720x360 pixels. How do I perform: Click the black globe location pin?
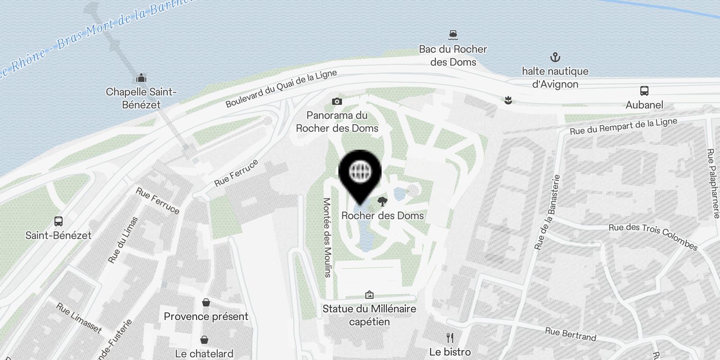(x=360, y=172)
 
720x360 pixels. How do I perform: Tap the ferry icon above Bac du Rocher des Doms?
(x=453, y=35)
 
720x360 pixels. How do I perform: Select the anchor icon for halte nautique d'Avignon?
(x=555, y=57)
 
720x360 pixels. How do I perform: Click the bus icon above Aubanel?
(x=644, y=91)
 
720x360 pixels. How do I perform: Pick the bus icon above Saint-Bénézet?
(x=58, y=221)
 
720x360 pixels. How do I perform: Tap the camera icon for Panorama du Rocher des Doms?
(x=337, y=102)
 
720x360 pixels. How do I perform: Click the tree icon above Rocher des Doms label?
(x=382, y=201)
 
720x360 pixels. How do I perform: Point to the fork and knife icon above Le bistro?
(x=450, y=338)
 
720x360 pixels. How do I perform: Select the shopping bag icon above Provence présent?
(x=206, y=302)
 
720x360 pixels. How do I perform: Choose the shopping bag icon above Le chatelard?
(x=204, y=340)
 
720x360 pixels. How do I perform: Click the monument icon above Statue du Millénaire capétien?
(x=369, y=295)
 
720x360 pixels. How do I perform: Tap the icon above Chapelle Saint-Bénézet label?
(x=141, y=78)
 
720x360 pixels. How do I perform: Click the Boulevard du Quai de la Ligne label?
(x=281, y=89)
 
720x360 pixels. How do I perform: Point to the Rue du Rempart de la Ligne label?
(x=623, y=126)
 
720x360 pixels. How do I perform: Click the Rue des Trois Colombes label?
(x=653, y=236)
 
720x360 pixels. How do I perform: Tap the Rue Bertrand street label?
(x=570, y=334)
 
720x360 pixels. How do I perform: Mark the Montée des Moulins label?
(x=327, y=237)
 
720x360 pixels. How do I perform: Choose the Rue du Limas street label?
(x=123, y=240)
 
